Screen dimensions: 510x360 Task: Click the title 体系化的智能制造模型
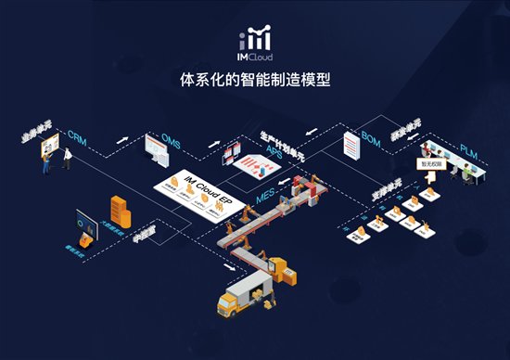254,82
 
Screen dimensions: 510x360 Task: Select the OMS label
171,140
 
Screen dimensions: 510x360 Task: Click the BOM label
371,139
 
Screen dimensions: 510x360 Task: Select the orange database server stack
118,207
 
